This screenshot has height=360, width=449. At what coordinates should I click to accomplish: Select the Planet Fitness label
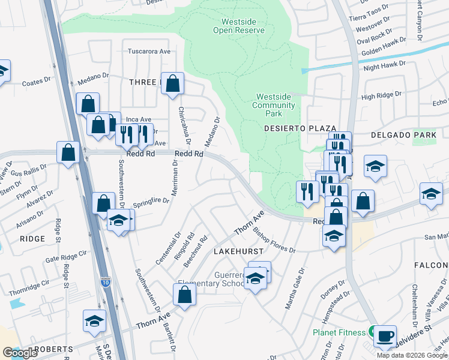tap(339, 332)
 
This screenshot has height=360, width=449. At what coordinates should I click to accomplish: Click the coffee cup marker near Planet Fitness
tap(385, 335)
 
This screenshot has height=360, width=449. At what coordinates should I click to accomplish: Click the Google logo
tap(20, 353)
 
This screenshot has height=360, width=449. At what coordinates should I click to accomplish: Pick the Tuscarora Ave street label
tap(149, 52)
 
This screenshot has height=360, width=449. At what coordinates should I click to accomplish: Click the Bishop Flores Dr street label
tap(274, 239)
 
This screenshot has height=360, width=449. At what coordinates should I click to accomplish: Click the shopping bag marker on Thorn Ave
tap(184, 295)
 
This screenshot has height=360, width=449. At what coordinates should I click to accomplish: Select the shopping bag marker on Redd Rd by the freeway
tap(68, 152)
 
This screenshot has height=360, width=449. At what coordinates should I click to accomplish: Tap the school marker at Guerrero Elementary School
tap(255, 279)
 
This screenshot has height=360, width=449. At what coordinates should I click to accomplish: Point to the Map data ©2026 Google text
tap(412, 355)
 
